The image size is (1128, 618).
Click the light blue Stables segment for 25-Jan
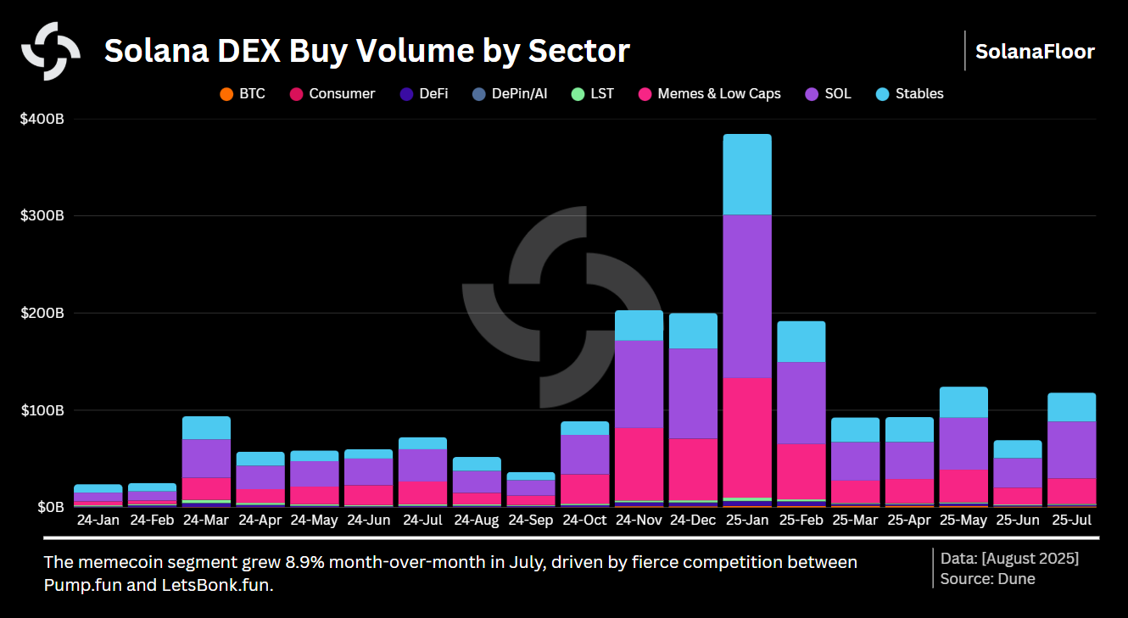coord(746,175)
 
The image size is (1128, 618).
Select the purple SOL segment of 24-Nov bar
coord(639,384)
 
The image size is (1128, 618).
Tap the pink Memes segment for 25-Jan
coord(746,437)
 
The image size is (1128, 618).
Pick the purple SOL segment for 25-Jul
coord(1071,449)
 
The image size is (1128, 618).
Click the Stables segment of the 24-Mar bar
coord(206,427)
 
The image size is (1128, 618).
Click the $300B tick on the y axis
coord(42,216)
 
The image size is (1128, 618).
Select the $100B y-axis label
coord(42,410)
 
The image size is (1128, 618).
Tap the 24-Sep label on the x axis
coord(530,520)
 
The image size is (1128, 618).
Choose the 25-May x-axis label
coord(963,520)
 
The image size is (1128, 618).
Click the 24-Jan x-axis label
coord(98,520)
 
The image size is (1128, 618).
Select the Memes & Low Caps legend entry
coord(710,93)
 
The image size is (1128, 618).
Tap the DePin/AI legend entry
coord(509,93)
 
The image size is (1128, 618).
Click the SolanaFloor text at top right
coord(1035,51)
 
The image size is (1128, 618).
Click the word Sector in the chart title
coord(578,51)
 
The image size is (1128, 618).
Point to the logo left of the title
coord(51,51)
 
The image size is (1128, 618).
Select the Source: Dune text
coord(987,579)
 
